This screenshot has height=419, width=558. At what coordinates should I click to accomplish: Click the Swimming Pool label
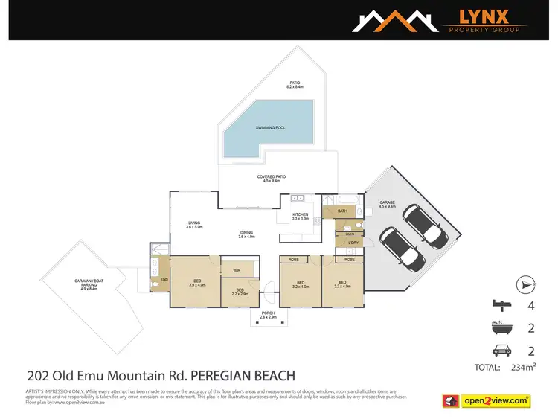271,127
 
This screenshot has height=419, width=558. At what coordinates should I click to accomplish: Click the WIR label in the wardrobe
236,269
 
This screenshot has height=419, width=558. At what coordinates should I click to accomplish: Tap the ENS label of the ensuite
164,279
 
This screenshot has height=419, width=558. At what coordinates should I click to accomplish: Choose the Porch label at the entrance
268,315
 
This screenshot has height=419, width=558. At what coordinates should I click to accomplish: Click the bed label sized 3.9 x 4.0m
197,283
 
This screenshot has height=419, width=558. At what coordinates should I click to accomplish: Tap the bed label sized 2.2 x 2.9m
240,292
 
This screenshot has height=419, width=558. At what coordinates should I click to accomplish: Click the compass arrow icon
525,284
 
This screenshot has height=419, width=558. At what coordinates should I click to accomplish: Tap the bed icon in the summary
499,304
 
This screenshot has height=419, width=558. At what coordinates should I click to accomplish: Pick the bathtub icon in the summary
499,327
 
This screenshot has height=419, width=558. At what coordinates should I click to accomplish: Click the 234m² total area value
525,367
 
